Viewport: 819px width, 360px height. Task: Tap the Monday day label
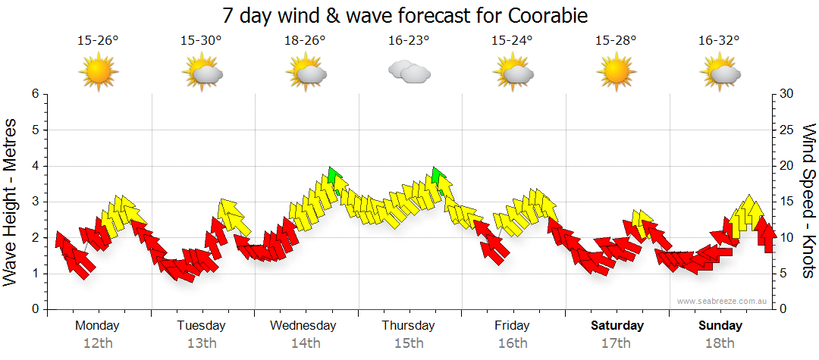point(97,326)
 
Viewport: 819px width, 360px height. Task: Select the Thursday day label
point(408,326)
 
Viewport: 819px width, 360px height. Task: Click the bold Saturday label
point(617,326)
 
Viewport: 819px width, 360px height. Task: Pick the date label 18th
point(720,343)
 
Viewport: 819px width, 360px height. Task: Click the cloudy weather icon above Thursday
point(409,73)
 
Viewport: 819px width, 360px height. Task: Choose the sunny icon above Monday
point(99,73)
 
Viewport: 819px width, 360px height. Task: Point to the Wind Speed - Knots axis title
point(808,202)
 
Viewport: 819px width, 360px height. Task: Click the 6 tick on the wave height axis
point(35,94)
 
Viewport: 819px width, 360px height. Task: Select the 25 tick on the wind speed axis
point(787,130)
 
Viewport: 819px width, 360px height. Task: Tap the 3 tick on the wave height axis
point(35,202)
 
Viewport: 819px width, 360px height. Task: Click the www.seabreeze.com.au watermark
point(723,301)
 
